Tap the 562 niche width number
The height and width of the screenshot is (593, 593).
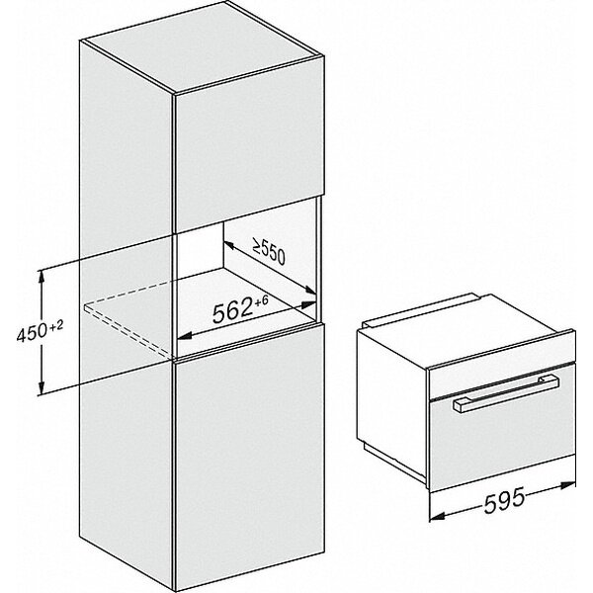click(x=234, y=312)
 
